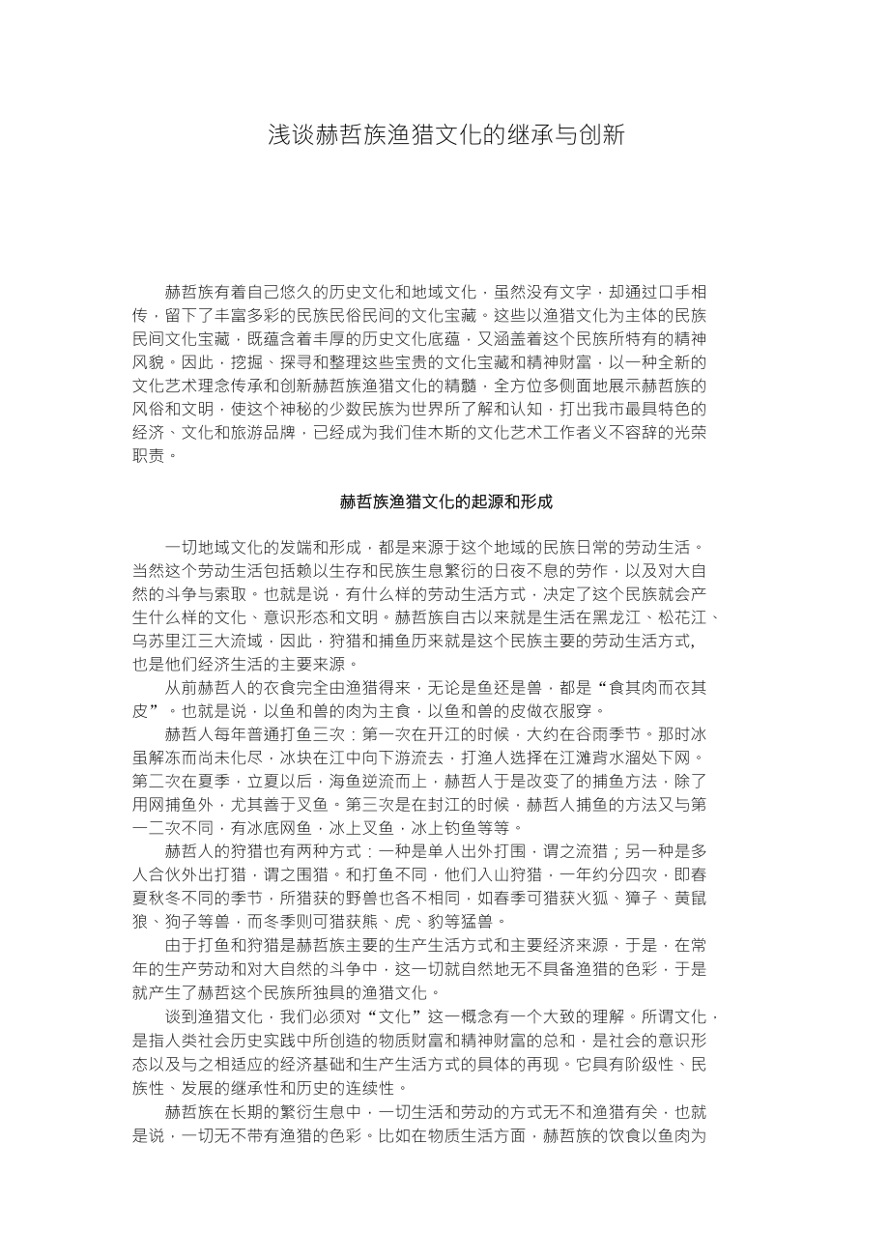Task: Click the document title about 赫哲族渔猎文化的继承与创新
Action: (x=445, y=134)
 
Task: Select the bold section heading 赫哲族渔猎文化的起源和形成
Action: (x=445, y=501)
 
